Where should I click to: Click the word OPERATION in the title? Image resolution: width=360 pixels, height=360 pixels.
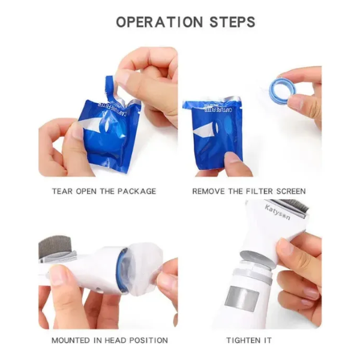(x=160, y=22)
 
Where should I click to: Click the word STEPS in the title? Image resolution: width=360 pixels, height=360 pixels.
(x=232, y=22)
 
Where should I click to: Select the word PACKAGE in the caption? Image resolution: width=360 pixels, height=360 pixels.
(x=137, y=191)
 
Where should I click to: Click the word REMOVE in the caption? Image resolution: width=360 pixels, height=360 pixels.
(x=208, y=191)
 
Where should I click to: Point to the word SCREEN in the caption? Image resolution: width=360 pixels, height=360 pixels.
(x=291, y=191)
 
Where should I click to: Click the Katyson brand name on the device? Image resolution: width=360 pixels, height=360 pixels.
(x=277, y=212)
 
